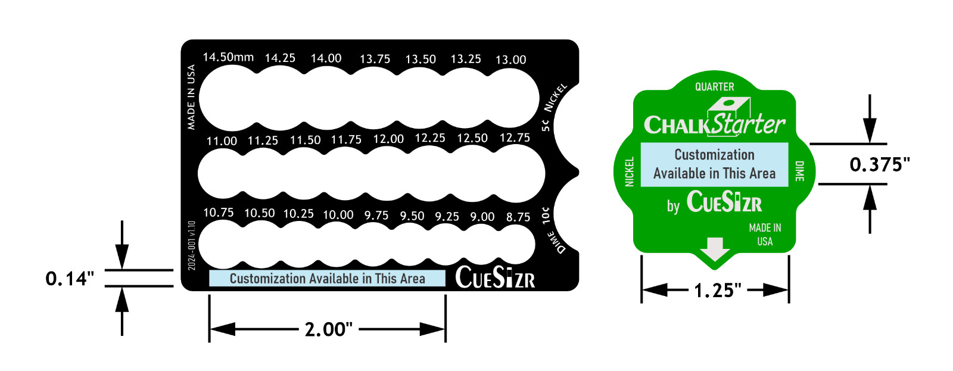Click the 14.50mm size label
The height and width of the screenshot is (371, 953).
[x=228, y=57]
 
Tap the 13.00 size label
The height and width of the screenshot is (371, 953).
[x=510, y=60]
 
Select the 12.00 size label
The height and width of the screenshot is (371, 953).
[x=388, y=139]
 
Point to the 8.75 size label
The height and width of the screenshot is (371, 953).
[x=518, y=217]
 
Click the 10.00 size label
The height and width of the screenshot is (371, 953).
[x=338, y=214]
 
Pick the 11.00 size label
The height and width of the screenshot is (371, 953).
[x=222, y=141]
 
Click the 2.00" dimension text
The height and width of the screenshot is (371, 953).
[x=328, y=329]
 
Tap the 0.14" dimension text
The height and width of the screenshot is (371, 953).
[x=70, y=278]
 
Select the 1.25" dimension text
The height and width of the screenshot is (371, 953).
[x=717, y=291]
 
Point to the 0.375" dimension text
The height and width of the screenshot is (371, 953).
[x=879, y=164]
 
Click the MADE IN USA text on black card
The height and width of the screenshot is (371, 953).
[x=191, y=97]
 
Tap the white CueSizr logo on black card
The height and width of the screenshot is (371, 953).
[x=495, y=278]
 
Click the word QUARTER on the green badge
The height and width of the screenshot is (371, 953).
[x=714, y=87]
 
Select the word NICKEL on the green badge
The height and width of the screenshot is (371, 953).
[x=630, y=172]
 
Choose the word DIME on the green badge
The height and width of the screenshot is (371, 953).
[x=799, y=171]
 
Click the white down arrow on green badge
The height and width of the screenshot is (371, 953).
[x=714, y=249]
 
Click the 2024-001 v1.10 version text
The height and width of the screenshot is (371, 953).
[x=192, y=245]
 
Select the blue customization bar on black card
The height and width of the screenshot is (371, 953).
[x=327, y=279]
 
